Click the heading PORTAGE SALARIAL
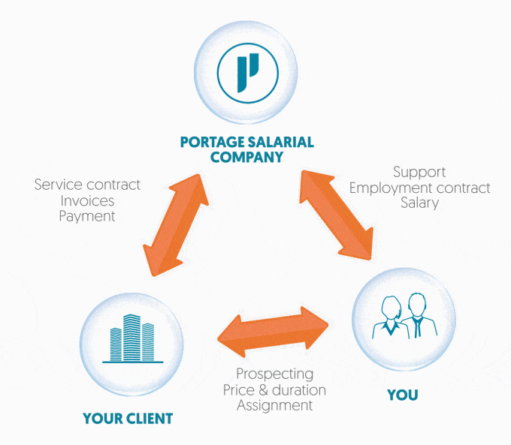point(246,143)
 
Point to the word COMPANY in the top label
point(246,158)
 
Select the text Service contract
point(87,185)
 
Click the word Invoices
point(87,200)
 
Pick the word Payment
point(87,216)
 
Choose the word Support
point(419,173)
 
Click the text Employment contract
point(419,188)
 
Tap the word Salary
point(419,203)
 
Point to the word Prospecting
point(274,374)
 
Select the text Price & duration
point(274,389)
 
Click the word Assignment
point(274,405)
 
